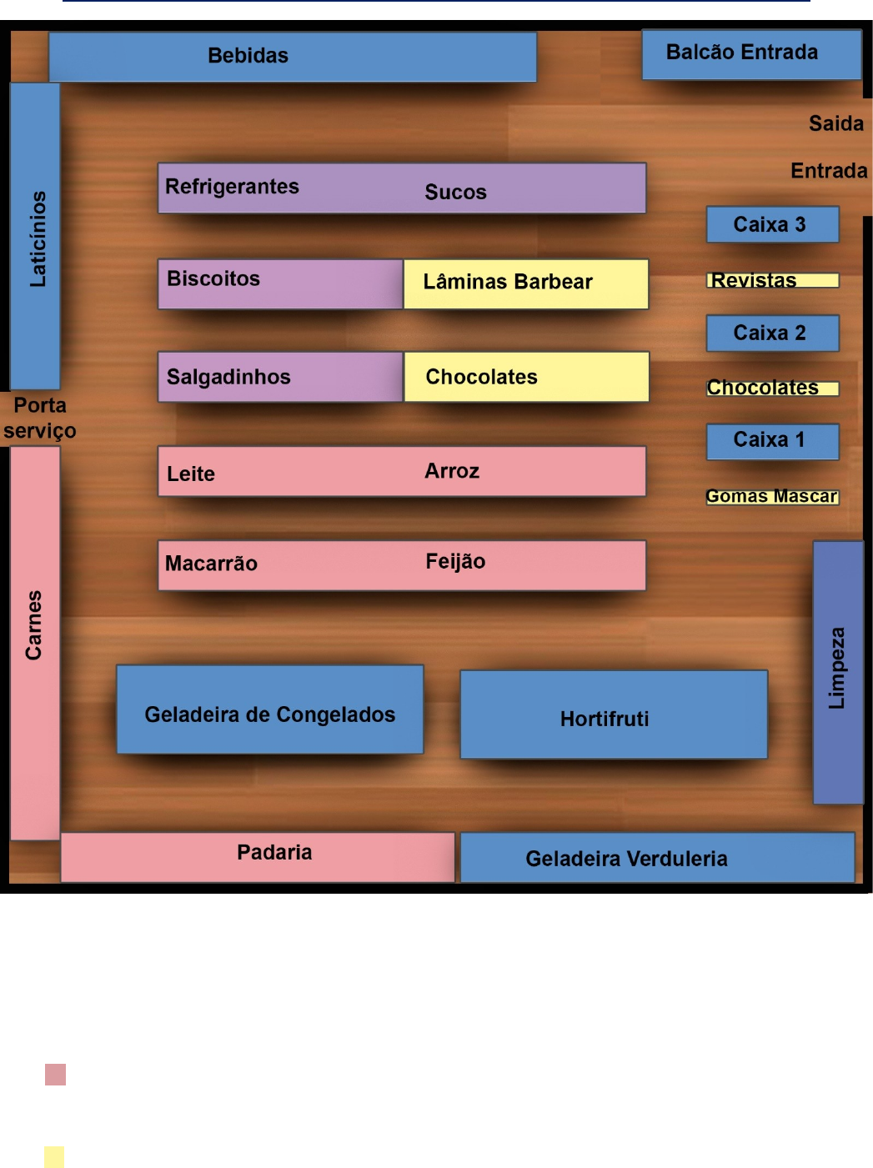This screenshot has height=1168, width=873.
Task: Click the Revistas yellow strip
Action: (x=772, y=280)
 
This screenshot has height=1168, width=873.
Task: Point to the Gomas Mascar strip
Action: (x=772, y=496)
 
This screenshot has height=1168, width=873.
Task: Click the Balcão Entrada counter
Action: (x=750, y=54)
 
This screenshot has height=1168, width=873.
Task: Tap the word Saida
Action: (x=835, y=123)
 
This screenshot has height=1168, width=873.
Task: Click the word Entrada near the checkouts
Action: (x=829, y=171)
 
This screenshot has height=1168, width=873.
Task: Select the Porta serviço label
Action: (x=39, y=418)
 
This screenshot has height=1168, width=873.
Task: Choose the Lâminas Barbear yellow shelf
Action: (x=525, y=283)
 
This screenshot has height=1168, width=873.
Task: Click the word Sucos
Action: (x=455, y=192)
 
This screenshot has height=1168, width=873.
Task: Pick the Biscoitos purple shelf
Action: (x=280, y=283)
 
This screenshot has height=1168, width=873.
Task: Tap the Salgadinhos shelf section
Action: (x=280, y=377)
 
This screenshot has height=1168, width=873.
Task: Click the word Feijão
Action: (x=455, y=561)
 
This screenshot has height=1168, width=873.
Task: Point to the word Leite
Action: (x=191, y=474)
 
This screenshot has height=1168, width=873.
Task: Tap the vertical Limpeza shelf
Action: (x=837, y=672)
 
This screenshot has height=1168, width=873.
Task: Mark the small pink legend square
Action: (x=55, y=1074)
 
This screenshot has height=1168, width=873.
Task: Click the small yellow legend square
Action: (x=54, y=1156)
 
